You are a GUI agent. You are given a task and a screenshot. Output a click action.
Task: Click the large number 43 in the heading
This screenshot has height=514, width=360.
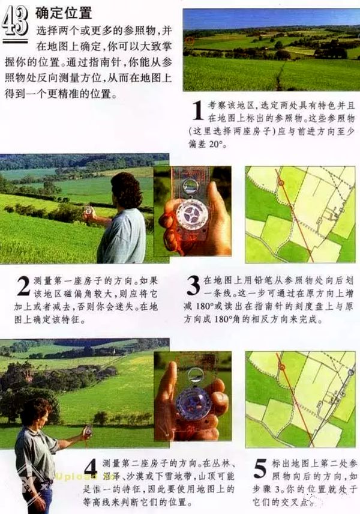(15, 22)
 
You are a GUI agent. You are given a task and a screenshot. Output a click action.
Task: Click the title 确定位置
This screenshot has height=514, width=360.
(64, 12)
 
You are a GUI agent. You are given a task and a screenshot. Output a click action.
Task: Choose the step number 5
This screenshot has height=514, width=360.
(260, 470)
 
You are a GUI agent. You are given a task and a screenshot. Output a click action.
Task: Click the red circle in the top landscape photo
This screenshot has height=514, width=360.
(190, 41)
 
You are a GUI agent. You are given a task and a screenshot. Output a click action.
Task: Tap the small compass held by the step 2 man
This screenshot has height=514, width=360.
(89, 211)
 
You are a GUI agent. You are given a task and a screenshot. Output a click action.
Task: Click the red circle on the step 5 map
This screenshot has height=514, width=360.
(280, 364)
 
